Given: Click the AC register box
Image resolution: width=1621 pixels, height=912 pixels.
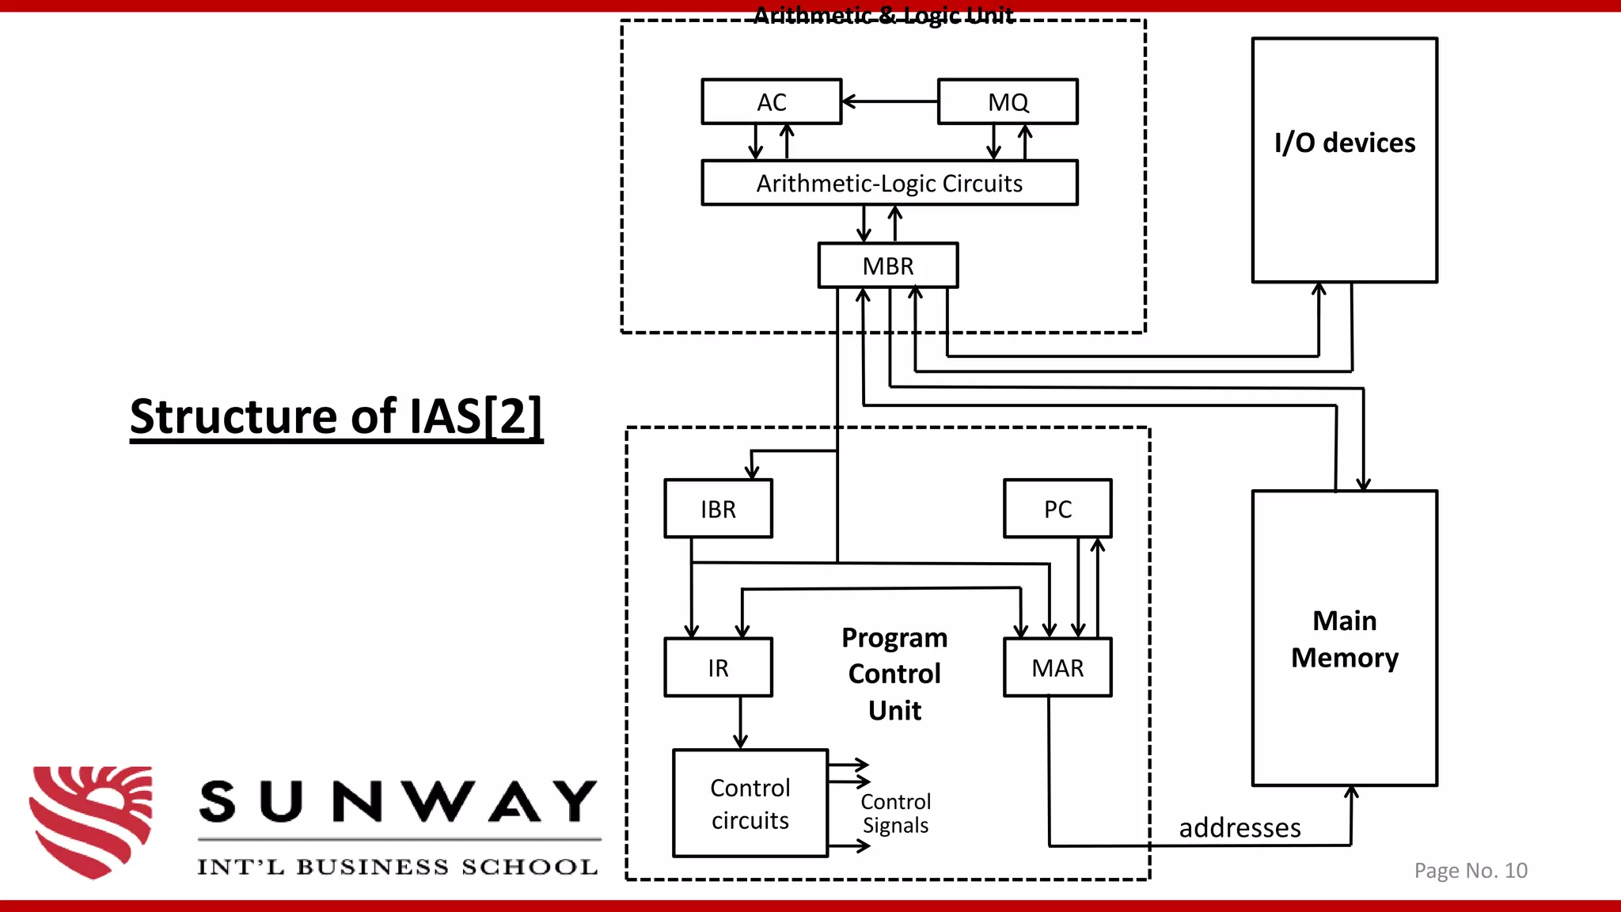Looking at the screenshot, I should (x=771, y=102).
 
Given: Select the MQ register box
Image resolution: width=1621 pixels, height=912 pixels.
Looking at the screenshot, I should (x=1008, y=102).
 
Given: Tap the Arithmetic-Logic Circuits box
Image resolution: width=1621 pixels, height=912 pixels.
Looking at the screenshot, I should (x=889, y=184).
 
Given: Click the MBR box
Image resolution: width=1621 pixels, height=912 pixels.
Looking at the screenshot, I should (x=887, y=266).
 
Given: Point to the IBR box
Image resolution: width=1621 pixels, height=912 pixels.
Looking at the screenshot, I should (x=718, y=509).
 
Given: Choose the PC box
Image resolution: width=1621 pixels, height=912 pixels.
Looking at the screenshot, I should (x=1057, y=509).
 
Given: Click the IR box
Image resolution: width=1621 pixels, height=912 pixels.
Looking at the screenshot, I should (x=718, y=668).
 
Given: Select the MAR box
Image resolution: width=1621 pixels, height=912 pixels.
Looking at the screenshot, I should (x=1057, y=668).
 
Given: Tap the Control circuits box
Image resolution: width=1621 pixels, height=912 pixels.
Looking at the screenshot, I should (x=750, y=804).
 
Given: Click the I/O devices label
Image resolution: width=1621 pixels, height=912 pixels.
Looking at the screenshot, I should (x=1344, y=143).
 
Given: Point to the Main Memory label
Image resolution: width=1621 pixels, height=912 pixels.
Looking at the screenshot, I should (x=1344, y=639).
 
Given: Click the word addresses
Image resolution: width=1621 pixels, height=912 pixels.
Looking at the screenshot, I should (x=1239, y=828).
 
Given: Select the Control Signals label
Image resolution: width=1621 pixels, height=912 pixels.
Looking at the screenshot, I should (x=895, y=814).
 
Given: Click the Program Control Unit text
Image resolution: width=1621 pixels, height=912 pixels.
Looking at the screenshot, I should (x=894, y=674).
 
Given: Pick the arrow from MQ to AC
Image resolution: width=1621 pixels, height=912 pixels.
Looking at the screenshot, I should (x=889, y=101).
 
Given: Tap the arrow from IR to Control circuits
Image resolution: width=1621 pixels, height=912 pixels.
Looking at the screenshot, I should (x=740, y=723).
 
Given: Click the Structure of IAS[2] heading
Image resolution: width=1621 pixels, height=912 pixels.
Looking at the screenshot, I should (x=336, y=417).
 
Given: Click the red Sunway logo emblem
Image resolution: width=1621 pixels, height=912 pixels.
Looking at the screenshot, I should (x=91, y=821).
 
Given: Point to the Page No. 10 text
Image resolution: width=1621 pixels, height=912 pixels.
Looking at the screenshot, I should (x=1470, y=871).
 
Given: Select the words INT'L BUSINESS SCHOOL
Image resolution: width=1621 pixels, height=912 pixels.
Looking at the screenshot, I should (x=397, y=867).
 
